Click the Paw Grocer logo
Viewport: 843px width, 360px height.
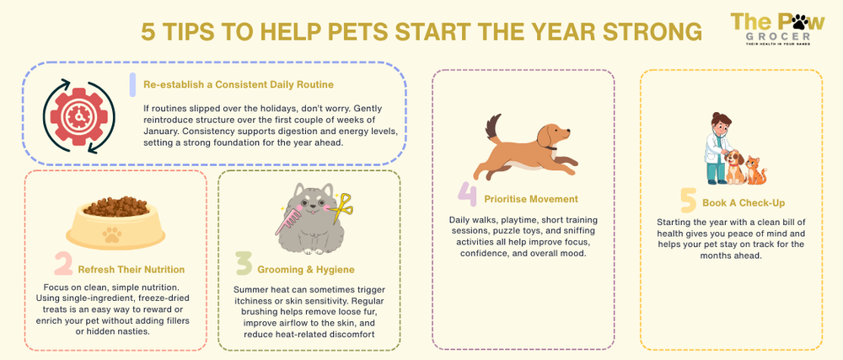(x=771, y=30)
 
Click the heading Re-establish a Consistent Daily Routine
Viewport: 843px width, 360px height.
(x=239, y=84)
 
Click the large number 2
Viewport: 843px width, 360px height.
(x=62, y=266)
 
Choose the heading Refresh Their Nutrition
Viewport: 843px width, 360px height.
(x=131, y=270)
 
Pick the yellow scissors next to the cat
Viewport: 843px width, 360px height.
(x=341, y=207)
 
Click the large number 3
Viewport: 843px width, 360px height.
(x=244, y=265)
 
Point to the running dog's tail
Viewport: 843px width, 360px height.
(x=492, y=130)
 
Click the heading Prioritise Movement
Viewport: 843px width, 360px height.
(x=530, y=199)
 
